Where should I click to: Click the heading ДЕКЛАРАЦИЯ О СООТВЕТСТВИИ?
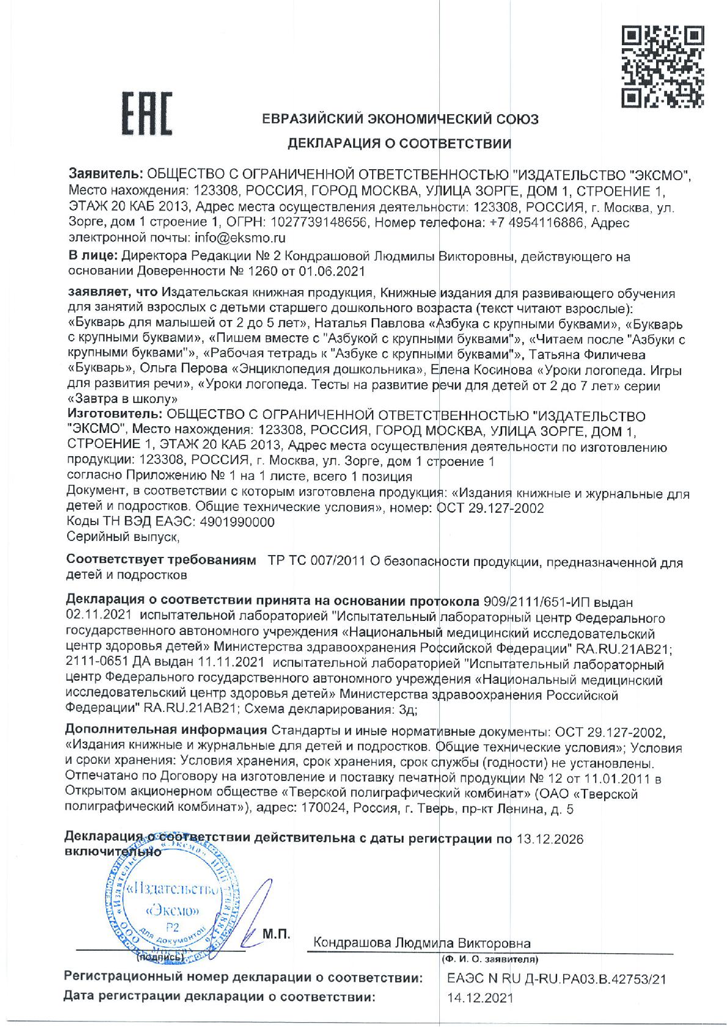point(400,144)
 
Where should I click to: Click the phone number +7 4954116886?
point(537,223)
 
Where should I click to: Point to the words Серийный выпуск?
point(123,538)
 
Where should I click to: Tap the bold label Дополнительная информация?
point(166,730)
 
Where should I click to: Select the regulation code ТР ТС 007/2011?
point(314,562)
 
